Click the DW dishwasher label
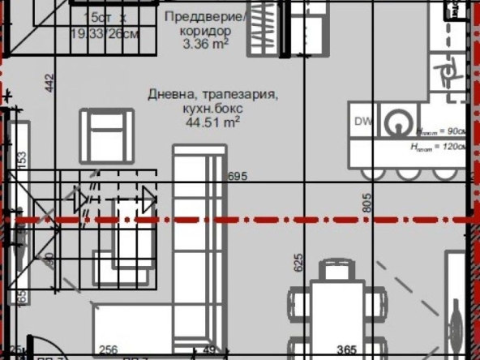pos(363,122)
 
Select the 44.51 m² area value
pos(212,122)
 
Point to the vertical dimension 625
pos(298,262)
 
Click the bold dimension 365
pos(347,350)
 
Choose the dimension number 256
pos(109,350)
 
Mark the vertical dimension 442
pos(49,83)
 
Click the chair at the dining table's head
pos(335,269)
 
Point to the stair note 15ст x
pos(109,17)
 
